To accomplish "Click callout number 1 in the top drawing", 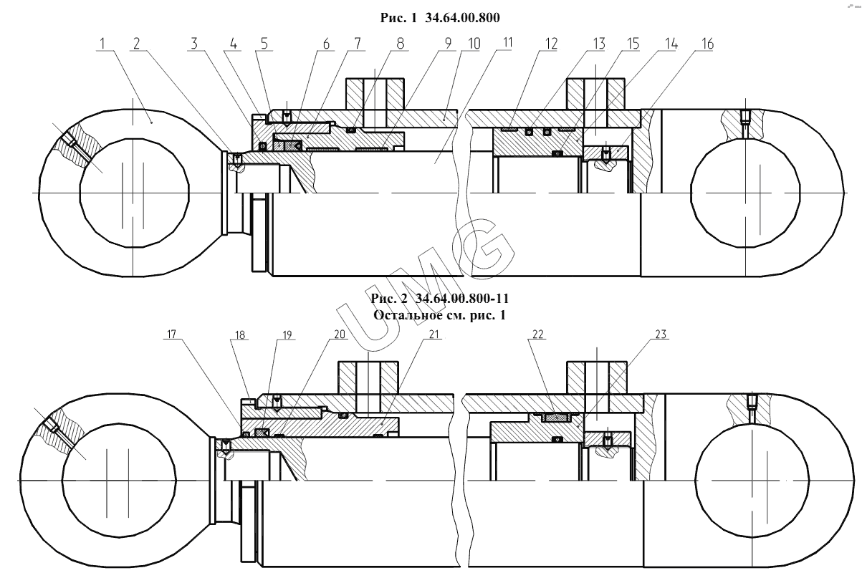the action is pyautogui.click(x=102, y=44).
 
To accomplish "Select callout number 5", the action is pyautogui.click(x=264, y=44).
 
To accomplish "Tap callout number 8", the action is pyautogui.click(x=401, y=44).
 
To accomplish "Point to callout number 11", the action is pyautogui.click(x=507, y=42).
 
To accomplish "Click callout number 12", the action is pyautogui.click(x=551, y=44).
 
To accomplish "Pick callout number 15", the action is pyautogui.click(x=633, y=44).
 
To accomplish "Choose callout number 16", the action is pyautogui.click(x=707, y=44).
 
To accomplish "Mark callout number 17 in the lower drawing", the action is pyautogui.click(x=171, y=334).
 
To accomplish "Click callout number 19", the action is pyautogui.click(x=287, y=335).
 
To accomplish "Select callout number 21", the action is pyautogui.click(x=434, y=334).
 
